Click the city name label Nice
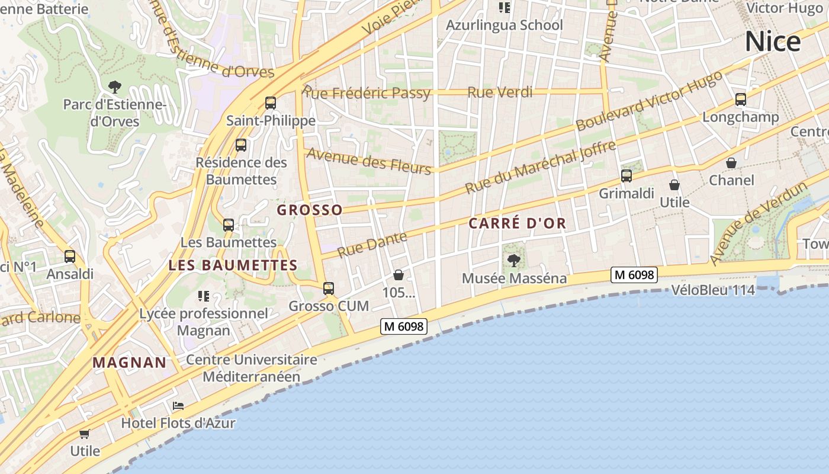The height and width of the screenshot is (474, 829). point(773,41)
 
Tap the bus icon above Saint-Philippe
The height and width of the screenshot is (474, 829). point(271,103)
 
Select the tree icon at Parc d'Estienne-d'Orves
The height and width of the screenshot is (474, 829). point(115,87)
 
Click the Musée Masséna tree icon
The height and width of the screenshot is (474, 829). point(514,260)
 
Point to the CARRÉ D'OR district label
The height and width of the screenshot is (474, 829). point(518,223)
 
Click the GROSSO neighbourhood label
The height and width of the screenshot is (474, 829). point(310,210)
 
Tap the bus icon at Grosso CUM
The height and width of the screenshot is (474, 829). point(328,289)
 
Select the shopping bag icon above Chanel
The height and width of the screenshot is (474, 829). point(731,162)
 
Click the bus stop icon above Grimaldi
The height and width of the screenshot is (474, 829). point(626,175)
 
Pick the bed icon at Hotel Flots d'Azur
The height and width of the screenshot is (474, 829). point(178,406)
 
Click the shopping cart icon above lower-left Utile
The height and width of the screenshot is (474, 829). point(85,434)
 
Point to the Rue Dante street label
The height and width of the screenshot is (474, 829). point(372,245)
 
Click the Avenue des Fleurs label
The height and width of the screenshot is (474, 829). point(368,161)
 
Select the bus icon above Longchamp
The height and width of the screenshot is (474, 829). point(740,99)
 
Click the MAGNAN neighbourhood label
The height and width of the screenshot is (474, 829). point(129,363)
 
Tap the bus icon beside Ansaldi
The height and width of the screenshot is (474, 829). point(70,257)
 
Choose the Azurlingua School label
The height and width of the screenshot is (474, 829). point(504,25)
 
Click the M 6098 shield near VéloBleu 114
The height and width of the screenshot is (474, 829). point(634,275)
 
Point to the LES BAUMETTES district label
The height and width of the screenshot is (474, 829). point(233,265)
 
